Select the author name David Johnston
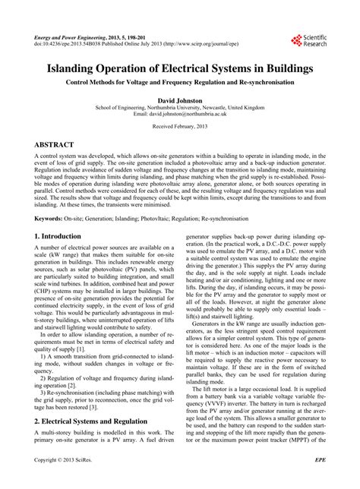coord(180,99)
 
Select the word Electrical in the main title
coord(182,68)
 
